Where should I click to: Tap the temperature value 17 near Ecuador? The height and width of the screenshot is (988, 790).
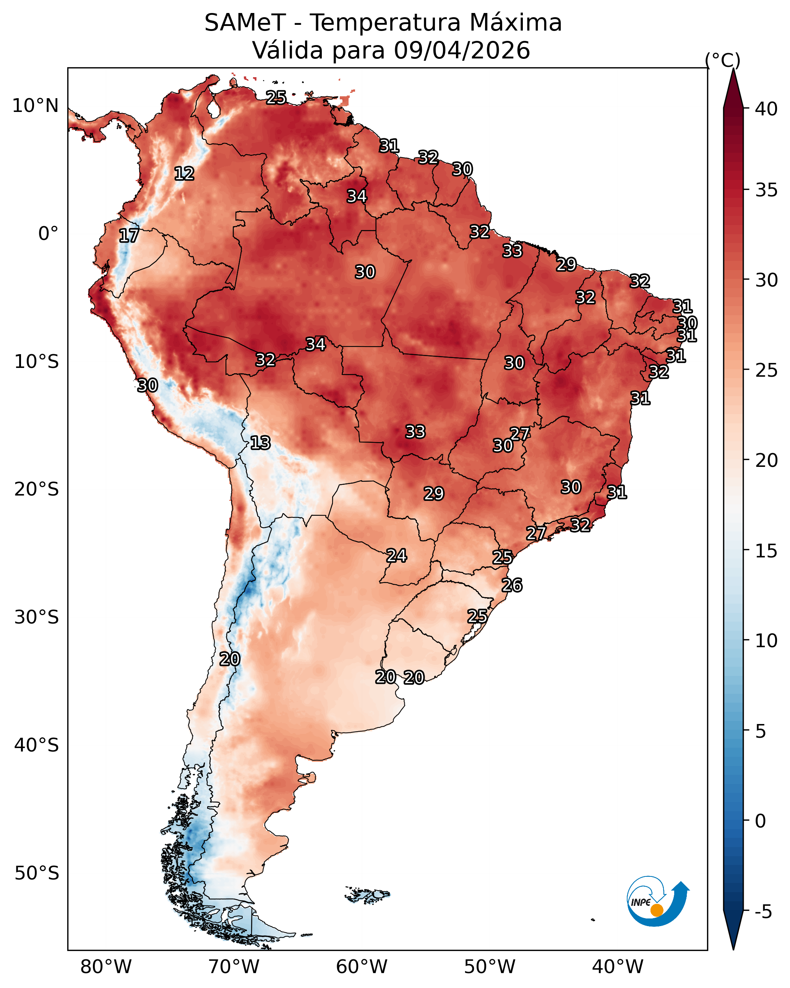point(129,236)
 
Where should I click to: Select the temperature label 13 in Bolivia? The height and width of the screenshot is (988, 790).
point(260,443)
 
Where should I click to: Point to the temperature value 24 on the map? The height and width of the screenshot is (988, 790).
point(397,556)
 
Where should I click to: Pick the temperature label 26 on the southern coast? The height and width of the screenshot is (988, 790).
point(512,585)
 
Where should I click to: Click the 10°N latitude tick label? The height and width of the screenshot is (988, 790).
point(35,106)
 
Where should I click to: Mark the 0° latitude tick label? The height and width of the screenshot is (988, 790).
point(49,234)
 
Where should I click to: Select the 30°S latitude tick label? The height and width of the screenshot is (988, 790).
point(37,617)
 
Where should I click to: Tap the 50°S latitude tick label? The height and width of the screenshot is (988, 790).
point(37,873)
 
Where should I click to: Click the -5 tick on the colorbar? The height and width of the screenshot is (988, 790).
point(763,912)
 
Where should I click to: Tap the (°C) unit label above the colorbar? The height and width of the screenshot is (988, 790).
point(723,60)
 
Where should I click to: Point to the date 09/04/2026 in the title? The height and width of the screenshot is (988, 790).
point(462,50)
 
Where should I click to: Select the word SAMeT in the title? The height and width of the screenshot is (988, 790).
point(245,23)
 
